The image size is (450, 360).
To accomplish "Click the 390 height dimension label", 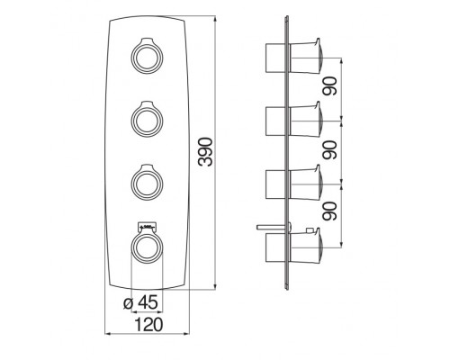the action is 206,152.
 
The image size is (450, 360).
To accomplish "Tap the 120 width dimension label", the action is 148,324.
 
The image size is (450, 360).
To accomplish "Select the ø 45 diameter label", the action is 140,302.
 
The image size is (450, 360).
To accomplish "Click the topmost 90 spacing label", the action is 329,86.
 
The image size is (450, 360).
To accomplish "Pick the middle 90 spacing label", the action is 329,150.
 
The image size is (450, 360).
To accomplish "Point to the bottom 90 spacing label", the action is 329,211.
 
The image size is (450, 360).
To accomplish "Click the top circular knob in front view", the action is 147,56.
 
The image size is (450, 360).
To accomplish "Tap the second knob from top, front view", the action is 147,119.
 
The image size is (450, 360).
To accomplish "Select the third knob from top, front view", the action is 147,182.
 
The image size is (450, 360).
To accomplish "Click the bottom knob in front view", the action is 147,247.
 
